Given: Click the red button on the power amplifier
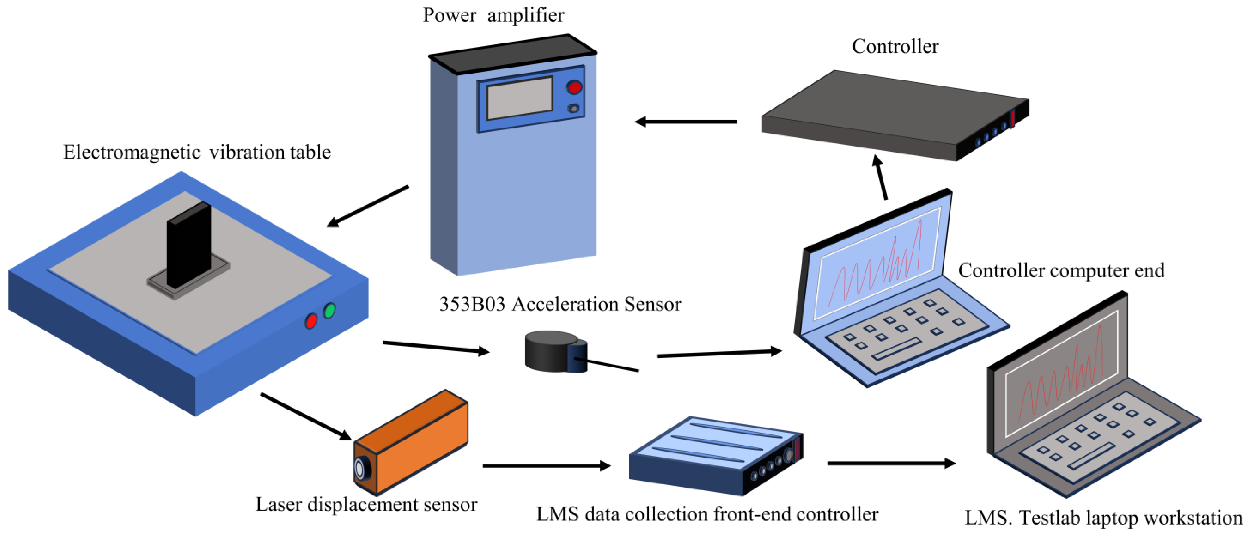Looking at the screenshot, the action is point(574,87).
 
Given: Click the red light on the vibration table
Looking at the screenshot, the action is point(310,321).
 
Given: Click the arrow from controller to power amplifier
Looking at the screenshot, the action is point(686,122).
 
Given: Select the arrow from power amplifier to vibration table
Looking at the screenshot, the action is point(368,206).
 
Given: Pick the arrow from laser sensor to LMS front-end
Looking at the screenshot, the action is point(547,466).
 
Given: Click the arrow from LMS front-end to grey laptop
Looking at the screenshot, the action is point(891,463).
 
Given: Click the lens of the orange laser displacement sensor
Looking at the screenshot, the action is point(360,469).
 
